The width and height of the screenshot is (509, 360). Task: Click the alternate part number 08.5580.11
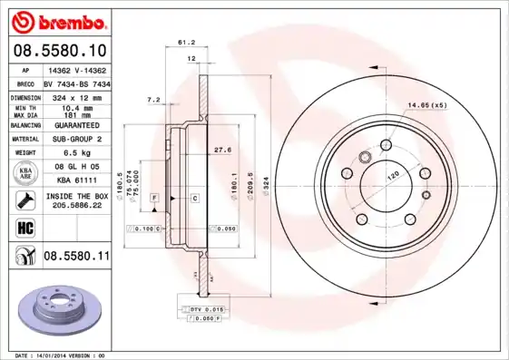click(x=76, y=258)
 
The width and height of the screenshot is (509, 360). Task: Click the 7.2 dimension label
click(x=153, y=99)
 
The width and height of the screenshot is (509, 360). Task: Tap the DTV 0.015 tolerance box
click(x=201, y=310)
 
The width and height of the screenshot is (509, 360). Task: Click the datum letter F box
click(x=155, y=197)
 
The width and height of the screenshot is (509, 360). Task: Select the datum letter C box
click(x=194, y=197)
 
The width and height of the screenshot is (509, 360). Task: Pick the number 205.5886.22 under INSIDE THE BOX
click(x=76, y=206)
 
